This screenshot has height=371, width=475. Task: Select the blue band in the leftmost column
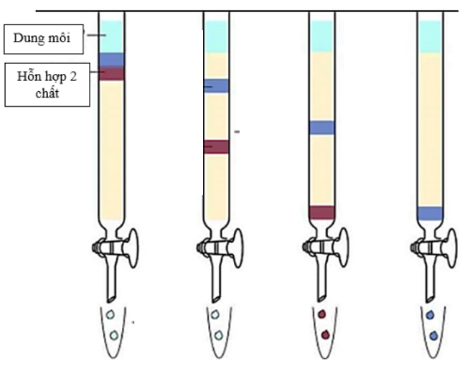pos(112,60)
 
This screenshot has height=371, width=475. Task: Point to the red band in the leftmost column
pos(112,73)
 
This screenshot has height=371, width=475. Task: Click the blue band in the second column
pos(217,86)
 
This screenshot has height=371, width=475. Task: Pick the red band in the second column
pos(217,146)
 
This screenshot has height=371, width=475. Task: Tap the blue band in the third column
pos(322,128)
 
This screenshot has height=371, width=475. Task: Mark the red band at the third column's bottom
pos(322,212)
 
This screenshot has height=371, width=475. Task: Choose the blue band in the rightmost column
pos(430,213)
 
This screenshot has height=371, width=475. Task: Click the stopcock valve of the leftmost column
pos(115,248)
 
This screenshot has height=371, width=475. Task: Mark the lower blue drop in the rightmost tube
pos(433,335)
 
